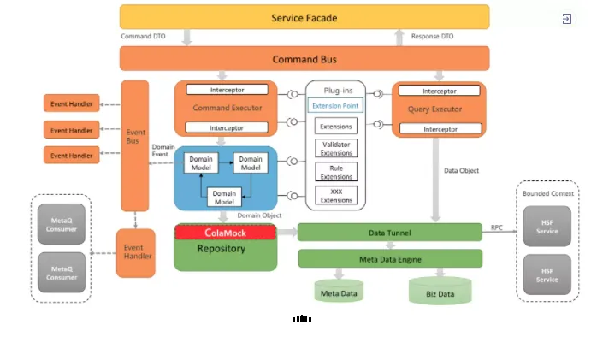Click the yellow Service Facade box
(x=304, y=17)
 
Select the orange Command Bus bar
(x=304, y=59)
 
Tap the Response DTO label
(x=433, y=36)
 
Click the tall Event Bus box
(x=135, y=145)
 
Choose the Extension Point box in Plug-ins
(x=335, y=105)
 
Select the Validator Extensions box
(x=335, y=148)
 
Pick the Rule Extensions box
(x=335, y=171)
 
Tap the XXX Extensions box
(x=335, y=196)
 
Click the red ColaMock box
(x=225, y=232)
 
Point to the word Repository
(x=222, y=249)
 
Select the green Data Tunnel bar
(x=389, y=232)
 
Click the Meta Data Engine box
(x=389, y=258)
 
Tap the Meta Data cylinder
(x=339, y=292)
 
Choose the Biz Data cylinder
(x=440, y=292)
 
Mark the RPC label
(x=497, y=227)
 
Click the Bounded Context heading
(x=547, y=193)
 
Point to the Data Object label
(x=462, y=170)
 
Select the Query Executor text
(x=440, y=109)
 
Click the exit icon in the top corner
(x=566, y=18)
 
